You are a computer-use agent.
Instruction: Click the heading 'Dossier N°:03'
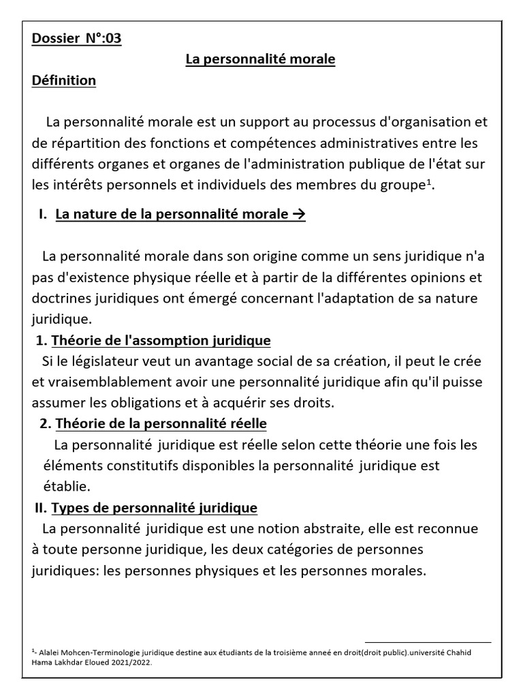point(76,38)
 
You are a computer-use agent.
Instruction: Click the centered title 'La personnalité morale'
point(261,59)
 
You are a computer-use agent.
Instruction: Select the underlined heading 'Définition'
point(63,80)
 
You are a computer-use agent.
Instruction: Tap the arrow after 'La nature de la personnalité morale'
point(298,215)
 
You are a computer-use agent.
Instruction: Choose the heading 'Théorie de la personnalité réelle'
point(161,424)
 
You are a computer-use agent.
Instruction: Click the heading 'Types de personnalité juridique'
point(154,508)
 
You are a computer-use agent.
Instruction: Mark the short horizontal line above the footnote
point(428,642)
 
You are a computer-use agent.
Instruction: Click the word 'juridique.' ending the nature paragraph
point(61,319)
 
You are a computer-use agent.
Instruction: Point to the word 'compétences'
point(268,144)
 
